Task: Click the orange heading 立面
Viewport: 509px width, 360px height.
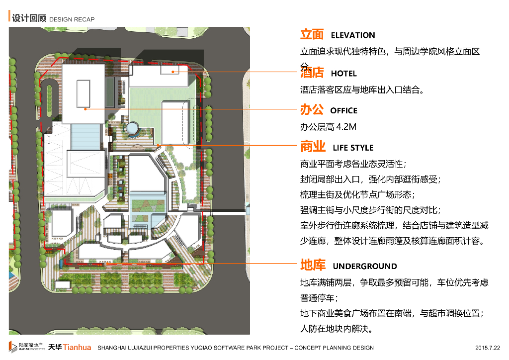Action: click(312, 34)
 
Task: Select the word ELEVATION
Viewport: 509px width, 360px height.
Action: click(353, 35)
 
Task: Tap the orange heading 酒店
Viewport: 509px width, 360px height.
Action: click(312, 73)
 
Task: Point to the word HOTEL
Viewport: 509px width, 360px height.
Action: click(343, 74)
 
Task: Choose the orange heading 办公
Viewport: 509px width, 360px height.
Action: click(312, 109)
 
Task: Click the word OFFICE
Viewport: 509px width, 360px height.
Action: click(343, 110)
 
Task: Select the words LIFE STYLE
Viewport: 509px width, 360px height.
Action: click(353, 148)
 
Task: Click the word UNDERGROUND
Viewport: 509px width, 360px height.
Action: click(365, 266)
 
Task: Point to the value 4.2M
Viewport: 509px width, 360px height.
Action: click(346, 127)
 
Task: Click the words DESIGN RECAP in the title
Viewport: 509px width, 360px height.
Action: click(72, 19)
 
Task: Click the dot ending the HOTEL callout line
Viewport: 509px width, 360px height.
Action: click(173, 72)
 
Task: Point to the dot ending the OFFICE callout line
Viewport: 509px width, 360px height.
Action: click(85, 108)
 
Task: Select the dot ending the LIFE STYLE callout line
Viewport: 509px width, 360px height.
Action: click(158, 145)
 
